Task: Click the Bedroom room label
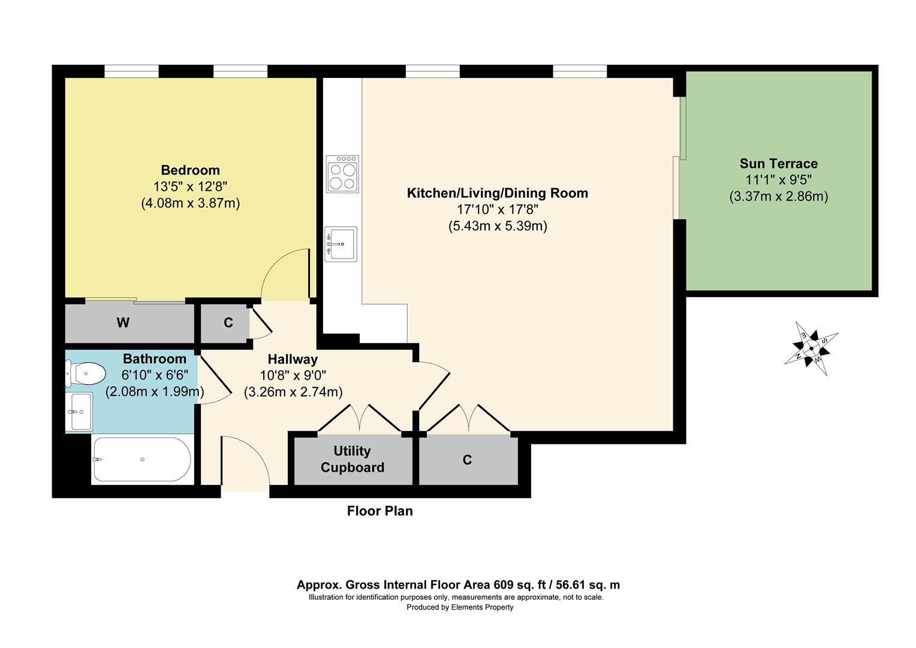pos(190,170)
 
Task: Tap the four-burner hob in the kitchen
pos(342,174)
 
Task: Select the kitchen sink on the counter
pos(341,244)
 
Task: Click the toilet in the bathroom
pos(85,373)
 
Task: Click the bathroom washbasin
pos(79,412)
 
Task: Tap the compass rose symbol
pos(811,349)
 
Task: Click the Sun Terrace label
pos(779,164)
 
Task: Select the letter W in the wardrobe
pos(123,323)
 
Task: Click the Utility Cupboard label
pos(352,459)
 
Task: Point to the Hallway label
pos(293,359)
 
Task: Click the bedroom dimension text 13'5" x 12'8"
pos(190,187)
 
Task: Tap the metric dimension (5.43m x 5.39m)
pos(498,226)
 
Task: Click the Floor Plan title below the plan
pos(380,511)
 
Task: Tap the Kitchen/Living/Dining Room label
pos(497,193)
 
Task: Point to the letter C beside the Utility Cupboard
pos(468,460)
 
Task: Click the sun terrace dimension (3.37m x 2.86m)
pos(779,196)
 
